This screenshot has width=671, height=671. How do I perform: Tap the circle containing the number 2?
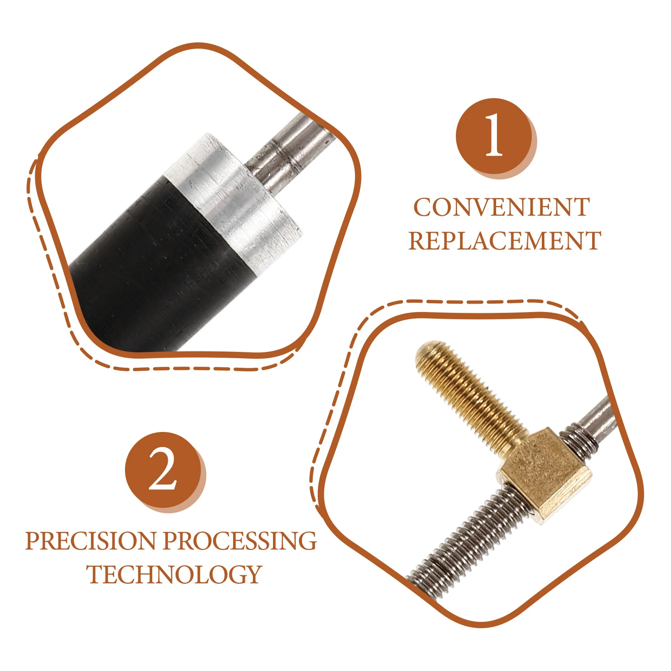tap(163, 470)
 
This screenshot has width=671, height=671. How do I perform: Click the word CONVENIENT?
tap(502, 208)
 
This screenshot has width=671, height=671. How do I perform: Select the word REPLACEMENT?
tap(505, 241)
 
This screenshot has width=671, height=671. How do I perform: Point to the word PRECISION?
tap(91, 541)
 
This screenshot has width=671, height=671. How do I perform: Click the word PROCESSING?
tap(240, 541)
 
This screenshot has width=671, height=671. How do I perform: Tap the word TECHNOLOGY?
tap(174, 574)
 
